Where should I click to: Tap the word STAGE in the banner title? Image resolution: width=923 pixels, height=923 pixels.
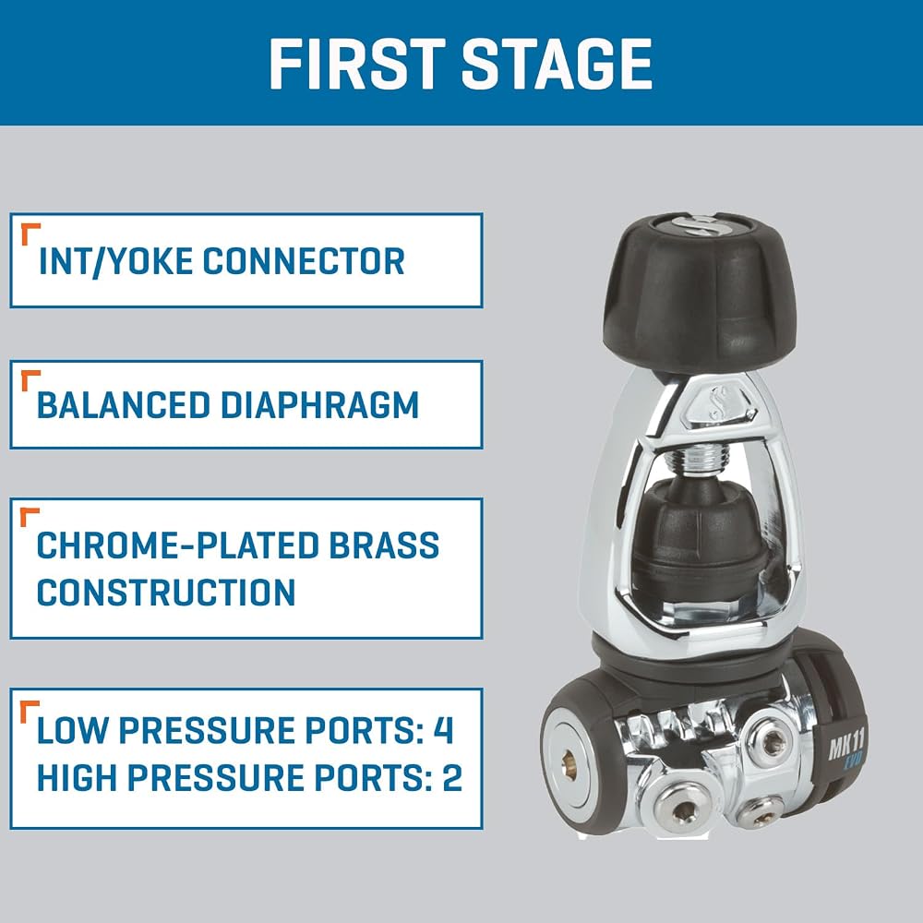[x=557, y=64]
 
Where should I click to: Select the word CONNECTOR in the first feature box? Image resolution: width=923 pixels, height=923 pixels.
[x=304, y=261]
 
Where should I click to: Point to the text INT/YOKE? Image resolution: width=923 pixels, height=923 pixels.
[x=115, y=261]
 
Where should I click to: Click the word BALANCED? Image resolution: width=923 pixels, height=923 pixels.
[x=123, y=405]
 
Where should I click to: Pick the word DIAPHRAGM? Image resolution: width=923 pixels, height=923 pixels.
[x=319, y=405]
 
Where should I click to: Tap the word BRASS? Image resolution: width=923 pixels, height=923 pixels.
[x=384, y=545]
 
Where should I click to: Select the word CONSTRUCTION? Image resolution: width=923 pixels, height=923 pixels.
[x=166, y=593]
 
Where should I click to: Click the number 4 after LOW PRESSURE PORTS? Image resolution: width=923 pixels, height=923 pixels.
[x=443, y=730]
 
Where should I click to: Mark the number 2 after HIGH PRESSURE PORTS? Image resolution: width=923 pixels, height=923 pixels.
[x=452, y=777]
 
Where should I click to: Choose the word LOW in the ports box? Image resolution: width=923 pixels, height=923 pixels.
[x=72, y=730]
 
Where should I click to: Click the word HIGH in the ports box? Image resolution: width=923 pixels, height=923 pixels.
[x=78, y=777]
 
